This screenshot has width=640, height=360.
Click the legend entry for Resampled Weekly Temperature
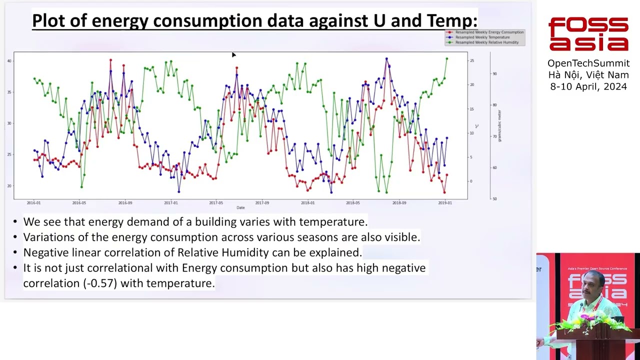[482, 37]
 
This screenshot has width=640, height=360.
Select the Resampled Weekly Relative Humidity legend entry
[486, 42]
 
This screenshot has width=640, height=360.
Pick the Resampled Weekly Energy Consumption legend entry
[489, 32]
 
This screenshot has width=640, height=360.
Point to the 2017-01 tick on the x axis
[171, 203]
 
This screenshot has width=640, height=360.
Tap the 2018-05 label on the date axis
[352, 203]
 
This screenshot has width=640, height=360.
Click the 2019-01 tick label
[444, 203]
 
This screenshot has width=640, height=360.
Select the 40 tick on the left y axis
[9, 61]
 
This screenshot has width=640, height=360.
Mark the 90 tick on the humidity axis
[494, 73]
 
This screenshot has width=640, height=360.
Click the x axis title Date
[240, 207]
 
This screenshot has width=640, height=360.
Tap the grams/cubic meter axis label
[499, 126]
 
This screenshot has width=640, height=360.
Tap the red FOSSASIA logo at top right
[588, 34]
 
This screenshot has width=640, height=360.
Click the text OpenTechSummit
[588, 63]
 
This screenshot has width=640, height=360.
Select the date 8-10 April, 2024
[588, 86]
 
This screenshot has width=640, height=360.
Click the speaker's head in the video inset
[595, 281]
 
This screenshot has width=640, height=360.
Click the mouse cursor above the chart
[233, 54]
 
